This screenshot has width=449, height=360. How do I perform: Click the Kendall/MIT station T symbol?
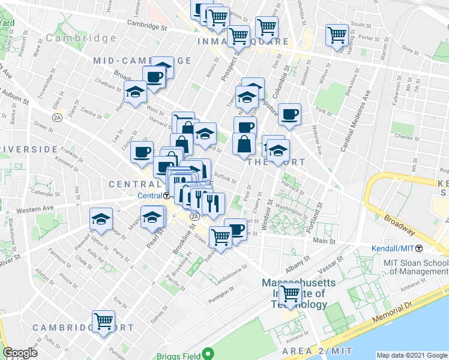pyautogui.click(x=419, y=248)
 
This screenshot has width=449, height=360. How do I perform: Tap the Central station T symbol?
pyautogui.click(x=166, y=196)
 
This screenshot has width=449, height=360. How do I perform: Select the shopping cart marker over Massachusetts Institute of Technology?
pyautogui.click(x=291, y=294)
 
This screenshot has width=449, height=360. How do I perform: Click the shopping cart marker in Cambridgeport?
pyautogui.click(x=104, y=322)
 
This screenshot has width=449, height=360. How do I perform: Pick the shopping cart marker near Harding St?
pyautogui.click(x=337, y=35)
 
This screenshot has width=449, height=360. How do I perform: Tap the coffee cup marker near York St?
pyautogui.click(x=289, y=114)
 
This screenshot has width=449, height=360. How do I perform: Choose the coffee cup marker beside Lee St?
pyautogui.click(x=142, y=152)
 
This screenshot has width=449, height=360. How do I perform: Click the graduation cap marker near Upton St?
pyautogui.click(x=101, y=219)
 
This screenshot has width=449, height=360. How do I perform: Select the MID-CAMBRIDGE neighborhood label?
pyautogui.click(x=142, y=61)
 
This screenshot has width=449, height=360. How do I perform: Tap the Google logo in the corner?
pyautogui.click(x=20, y=353)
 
